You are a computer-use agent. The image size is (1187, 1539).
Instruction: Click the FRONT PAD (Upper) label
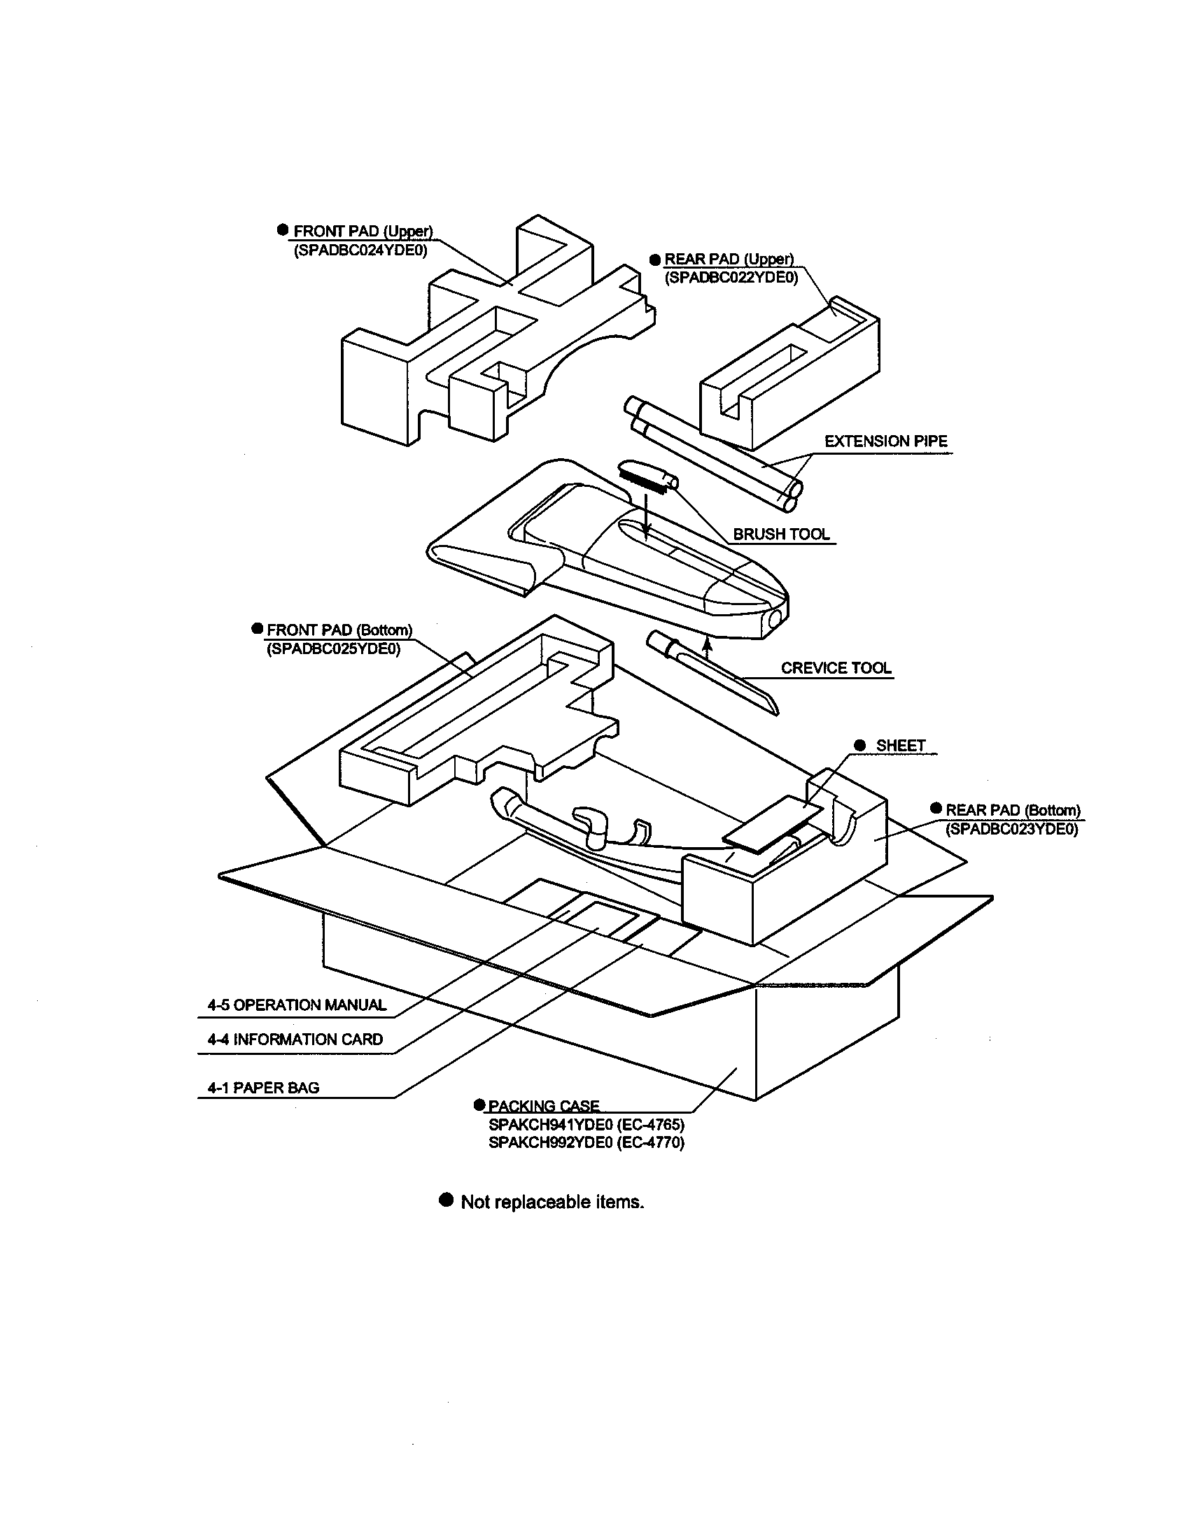[x=363, y=231]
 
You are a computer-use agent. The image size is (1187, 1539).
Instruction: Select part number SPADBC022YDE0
[x=731, y=278]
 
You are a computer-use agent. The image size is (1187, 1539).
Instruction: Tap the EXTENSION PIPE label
[x=885, y=441]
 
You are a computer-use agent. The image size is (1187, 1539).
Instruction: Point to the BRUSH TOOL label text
[x=781, y=534]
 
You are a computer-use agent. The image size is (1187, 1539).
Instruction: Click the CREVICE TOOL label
[x=835, y=667]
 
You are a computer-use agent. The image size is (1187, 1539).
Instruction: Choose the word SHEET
[x=900, y=746]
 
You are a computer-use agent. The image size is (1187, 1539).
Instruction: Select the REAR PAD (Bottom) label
[x=1012, y=810]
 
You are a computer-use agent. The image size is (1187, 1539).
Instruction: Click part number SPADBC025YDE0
[x=332, y=648]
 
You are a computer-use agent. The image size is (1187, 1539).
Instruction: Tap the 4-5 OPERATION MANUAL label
[x=297, y=1005]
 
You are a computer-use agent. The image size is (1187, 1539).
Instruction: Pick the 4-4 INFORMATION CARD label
[x=295, y=1040]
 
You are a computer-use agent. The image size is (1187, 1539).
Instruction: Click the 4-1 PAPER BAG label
[x=263, y=1088]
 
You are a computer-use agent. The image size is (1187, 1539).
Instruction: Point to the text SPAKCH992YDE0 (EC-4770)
[x=586, y=1142]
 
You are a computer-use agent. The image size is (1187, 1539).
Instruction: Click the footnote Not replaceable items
[x=552, y=1201]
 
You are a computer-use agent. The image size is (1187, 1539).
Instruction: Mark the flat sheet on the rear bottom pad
[x=773, y=824]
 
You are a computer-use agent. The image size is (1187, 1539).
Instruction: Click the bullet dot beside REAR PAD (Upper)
[x=655, y=260]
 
